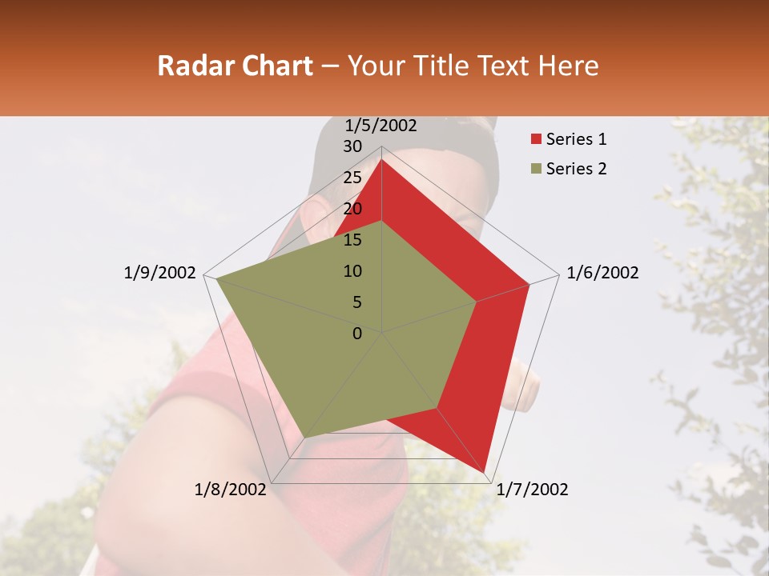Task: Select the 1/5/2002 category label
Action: click(x=381, y=126)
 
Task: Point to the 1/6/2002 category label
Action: click(x=602, y=273)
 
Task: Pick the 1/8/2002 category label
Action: click(x=230, y=490)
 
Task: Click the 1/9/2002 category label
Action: click(x=159, y=273)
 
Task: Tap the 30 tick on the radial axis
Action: click(x=352, y=146)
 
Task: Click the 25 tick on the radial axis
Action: click(x=352, y=178)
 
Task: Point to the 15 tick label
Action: click(x=352, y=240)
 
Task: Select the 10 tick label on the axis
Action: click(x=352, y=271)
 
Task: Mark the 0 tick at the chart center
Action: click(x=357, y=333)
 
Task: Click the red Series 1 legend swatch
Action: click(x=537, y=140)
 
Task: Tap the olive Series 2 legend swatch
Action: click(x=537, y=169)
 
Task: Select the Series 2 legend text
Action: click(x=576, y=169)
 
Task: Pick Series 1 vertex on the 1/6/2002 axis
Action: click(x=529, y=284)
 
